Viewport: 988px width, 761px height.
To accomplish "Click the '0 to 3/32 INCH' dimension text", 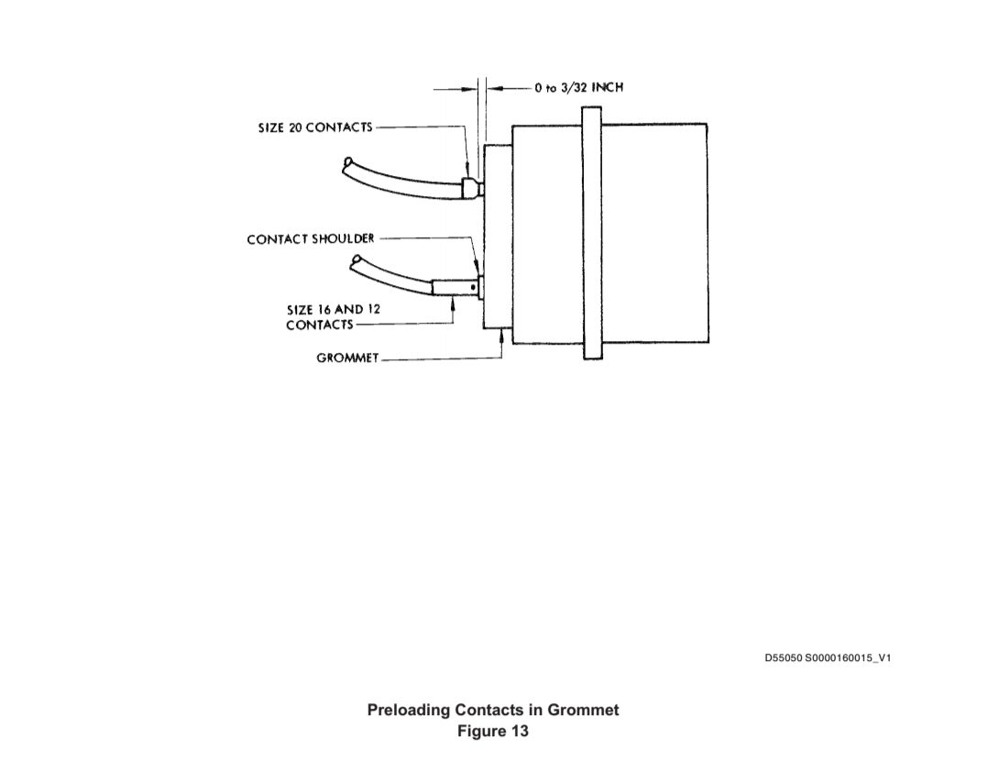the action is pyautogui.click(x=579, y=88).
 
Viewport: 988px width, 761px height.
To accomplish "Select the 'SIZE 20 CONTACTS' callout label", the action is pyautogui.click(x=315, y=127).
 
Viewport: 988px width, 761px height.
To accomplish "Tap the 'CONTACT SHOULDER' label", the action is pyautogui.click(x=311, y=239).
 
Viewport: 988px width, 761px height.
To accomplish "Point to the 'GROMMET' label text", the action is pyautogui.click(x=347, y=358).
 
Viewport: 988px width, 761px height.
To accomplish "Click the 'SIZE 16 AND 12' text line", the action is pyautogui.click(x=334, y=310).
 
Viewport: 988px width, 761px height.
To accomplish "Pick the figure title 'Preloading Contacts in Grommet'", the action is pyautogui.click(x=493, y=710).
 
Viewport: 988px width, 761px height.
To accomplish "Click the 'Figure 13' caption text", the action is pyautogui.click(x=493, y=732).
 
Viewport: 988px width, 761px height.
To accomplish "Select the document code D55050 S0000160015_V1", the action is pyautogui.click(x=828, y=658).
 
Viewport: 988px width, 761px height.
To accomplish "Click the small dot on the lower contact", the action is pyautogui.click(x=473, y=288).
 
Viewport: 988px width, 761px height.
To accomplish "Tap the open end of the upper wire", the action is pyautogui.click(x=348, y=163).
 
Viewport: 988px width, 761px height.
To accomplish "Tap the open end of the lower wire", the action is pyautogui.click(x=357, y=259).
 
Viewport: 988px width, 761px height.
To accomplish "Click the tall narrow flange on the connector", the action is pyautogui.click(x=592, y=233).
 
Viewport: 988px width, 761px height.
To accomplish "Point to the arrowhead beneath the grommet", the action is pyautogui.click(x=502, y=334).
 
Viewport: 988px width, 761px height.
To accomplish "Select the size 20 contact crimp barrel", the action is pyautogui.click(x=470, y=188).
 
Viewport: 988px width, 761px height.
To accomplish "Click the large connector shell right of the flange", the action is pyautogui.click(x=654, y=233).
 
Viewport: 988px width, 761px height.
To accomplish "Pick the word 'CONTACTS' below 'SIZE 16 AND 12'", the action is pyautogui.click(x=320, y=325).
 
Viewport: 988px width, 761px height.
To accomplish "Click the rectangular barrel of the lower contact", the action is pyautogui.click(x=455, y=288).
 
